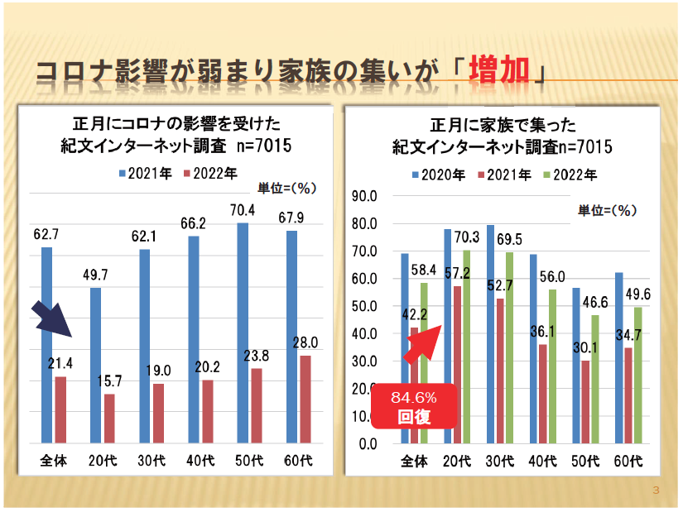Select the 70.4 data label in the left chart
coord(243,209)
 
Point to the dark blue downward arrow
coord(52,326)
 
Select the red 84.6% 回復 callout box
coord(414,405)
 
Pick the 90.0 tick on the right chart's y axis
coord(365,196)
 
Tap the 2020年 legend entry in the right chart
coord(440,175)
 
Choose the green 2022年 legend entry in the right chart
coord(569,175)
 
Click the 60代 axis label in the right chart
coord(630,460)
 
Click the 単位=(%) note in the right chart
coord(606,210)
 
